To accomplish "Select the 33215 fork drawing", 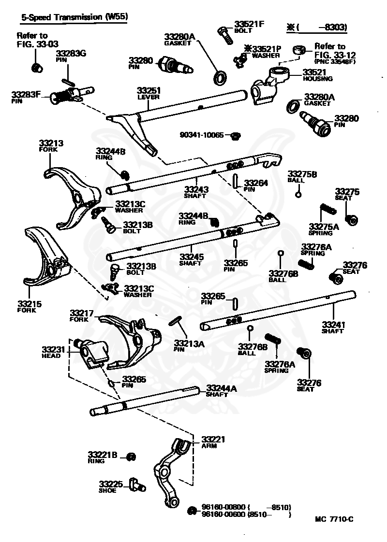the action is click(x=47, y=257).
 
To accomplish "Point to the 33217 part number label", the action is click(x=82, y=313).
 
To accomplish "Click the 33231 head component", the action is click(x=90, y=353).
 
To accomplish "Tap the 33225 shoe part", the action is click(x=137, y=485).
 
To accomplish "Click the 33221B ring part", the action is click(x=131, y=456).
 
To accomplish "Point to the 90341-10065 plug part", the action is click(x=236, y=135).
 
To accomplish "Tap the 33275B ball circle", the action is click(x=298, y=195).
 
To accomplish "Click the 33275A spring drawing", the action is click(x=327, y=209).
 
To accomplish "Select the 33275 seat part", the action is click(x=352, y=219).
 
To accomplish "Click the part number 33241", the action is click(x=333, y=325).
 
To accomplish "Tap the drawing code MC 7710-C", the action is click(x=334, y=519).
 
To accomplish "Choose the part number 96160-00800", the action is click(x=223, y=507).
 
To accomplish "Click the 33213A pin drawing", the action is click(x=177, y=321).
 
